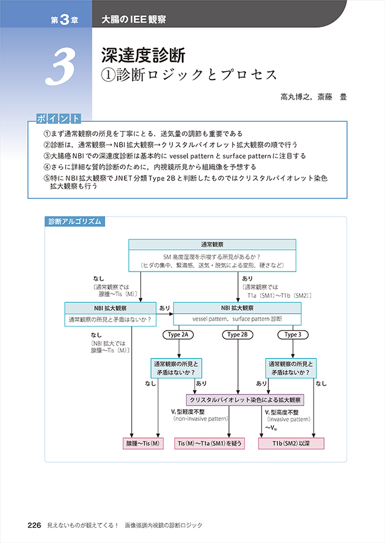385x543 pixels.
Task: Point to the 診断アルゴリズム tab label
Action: pyautogui.click(x=75, y=221)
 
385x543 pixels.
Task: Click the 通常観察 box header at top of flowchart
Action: pyautogui.click(x=212, y=244)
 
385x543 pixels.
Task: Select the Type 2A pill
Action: pyautogui.click(x=178, y=334)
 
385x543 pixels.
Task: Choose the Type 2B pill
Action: pyautogui.click(x=238, y=334)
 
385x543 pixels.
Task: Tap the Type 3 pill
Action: pyautogui.click(x=293, y=334)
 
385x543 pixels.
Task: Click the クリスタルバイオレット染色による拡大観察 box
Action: pyautogui.click(x=245, y=399)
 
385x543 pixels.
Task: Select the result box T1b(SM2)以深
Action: pyautogui.click(x=291, y=443)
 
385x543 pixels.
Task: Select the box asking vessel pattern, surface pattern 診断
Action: pyautogui.click(x=238, y=318)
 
